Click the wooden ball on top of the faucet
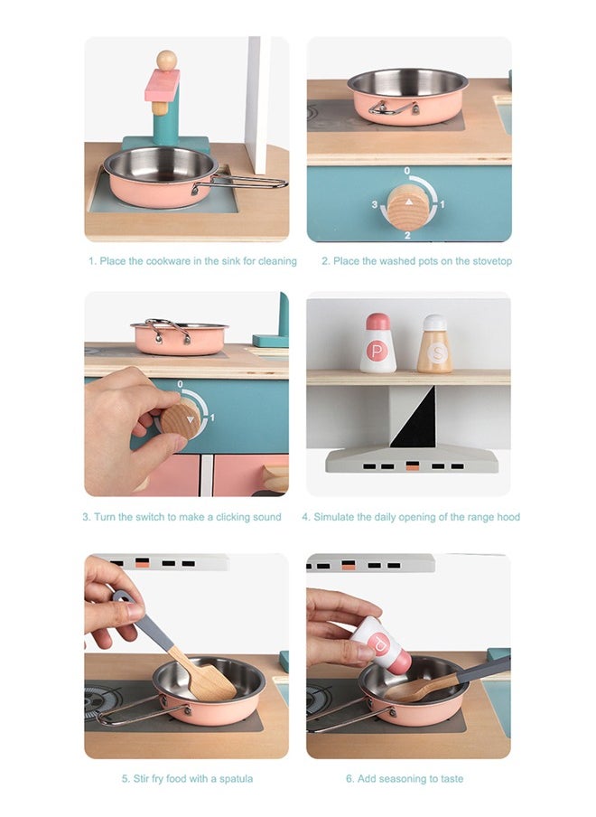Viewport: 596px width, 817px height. (166, 60)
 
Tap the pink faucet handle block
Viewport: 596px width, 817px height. (162, 85)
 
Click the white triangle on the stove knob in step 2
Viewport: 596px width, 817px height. (408, 202)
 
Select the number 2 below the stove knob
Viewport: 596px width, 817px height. (407, 235)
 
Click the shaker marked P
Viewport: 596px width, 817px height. (377, 344)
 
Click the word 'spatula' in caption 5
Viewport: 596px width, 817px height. (235, 778)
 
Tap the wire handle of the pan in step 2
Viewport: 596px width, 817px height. (393, 108)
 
